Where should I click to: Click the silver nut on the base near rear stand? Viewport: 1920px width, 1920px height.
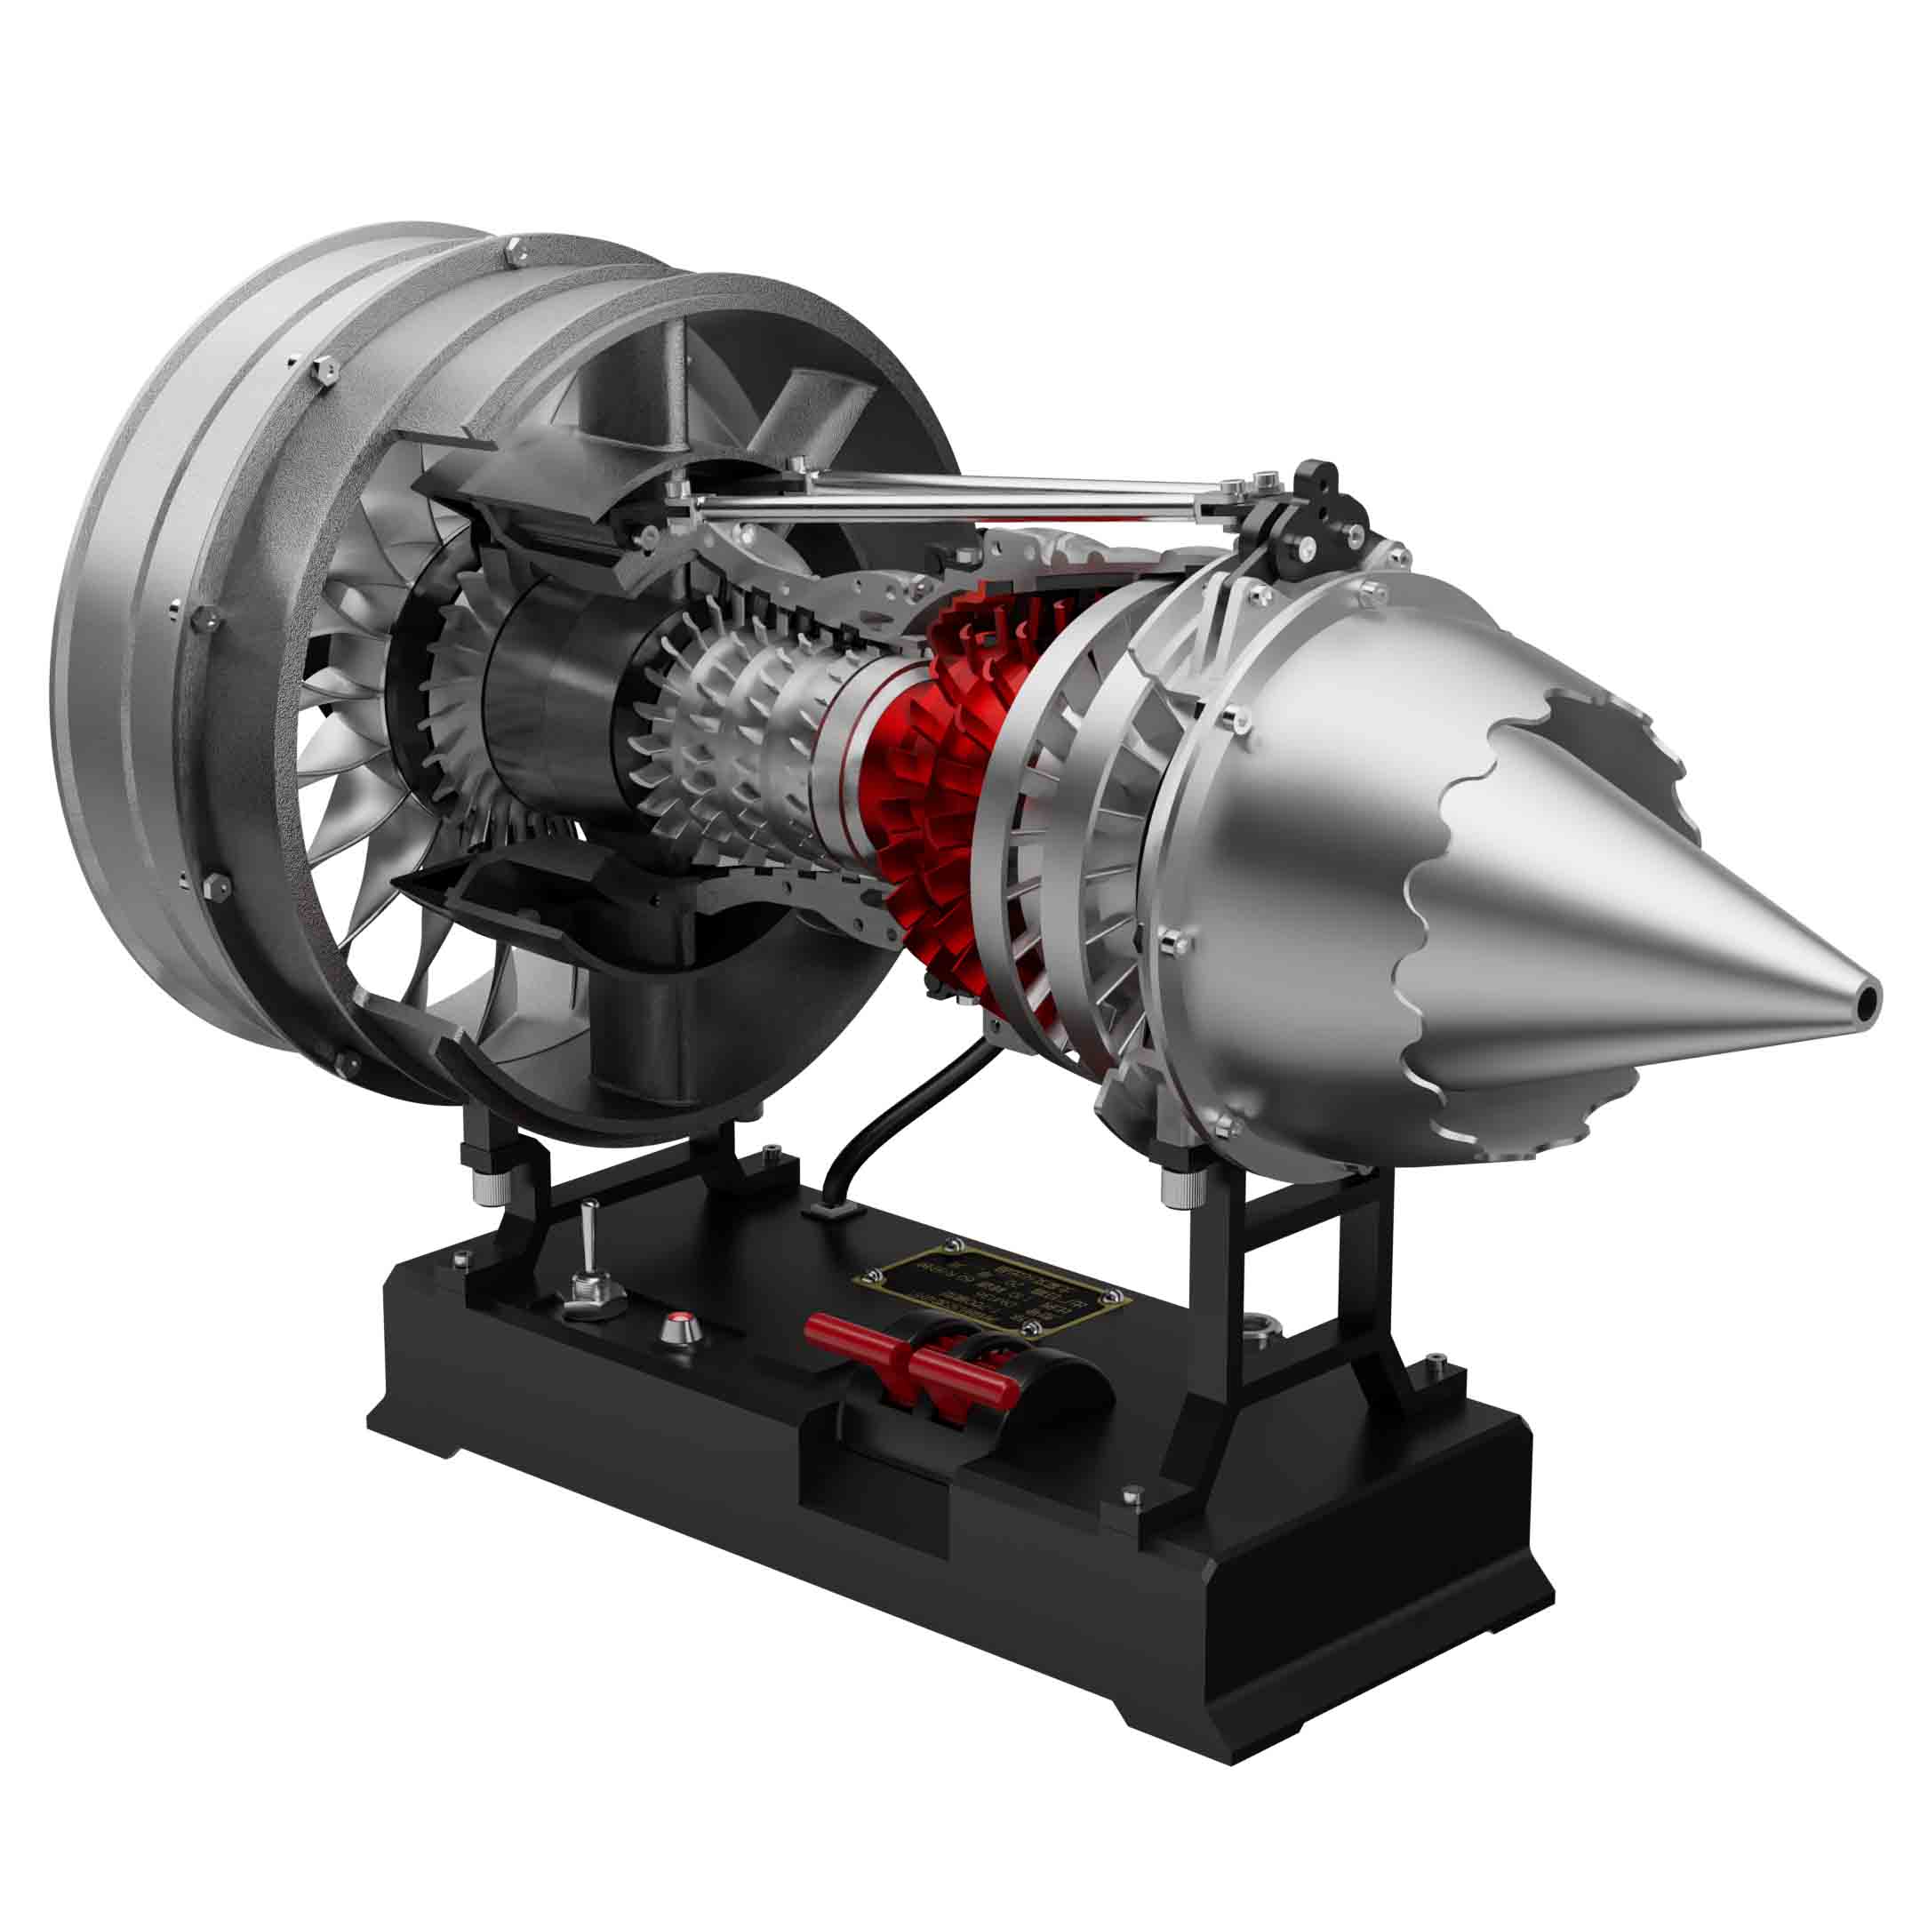pos(1264,1324)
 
